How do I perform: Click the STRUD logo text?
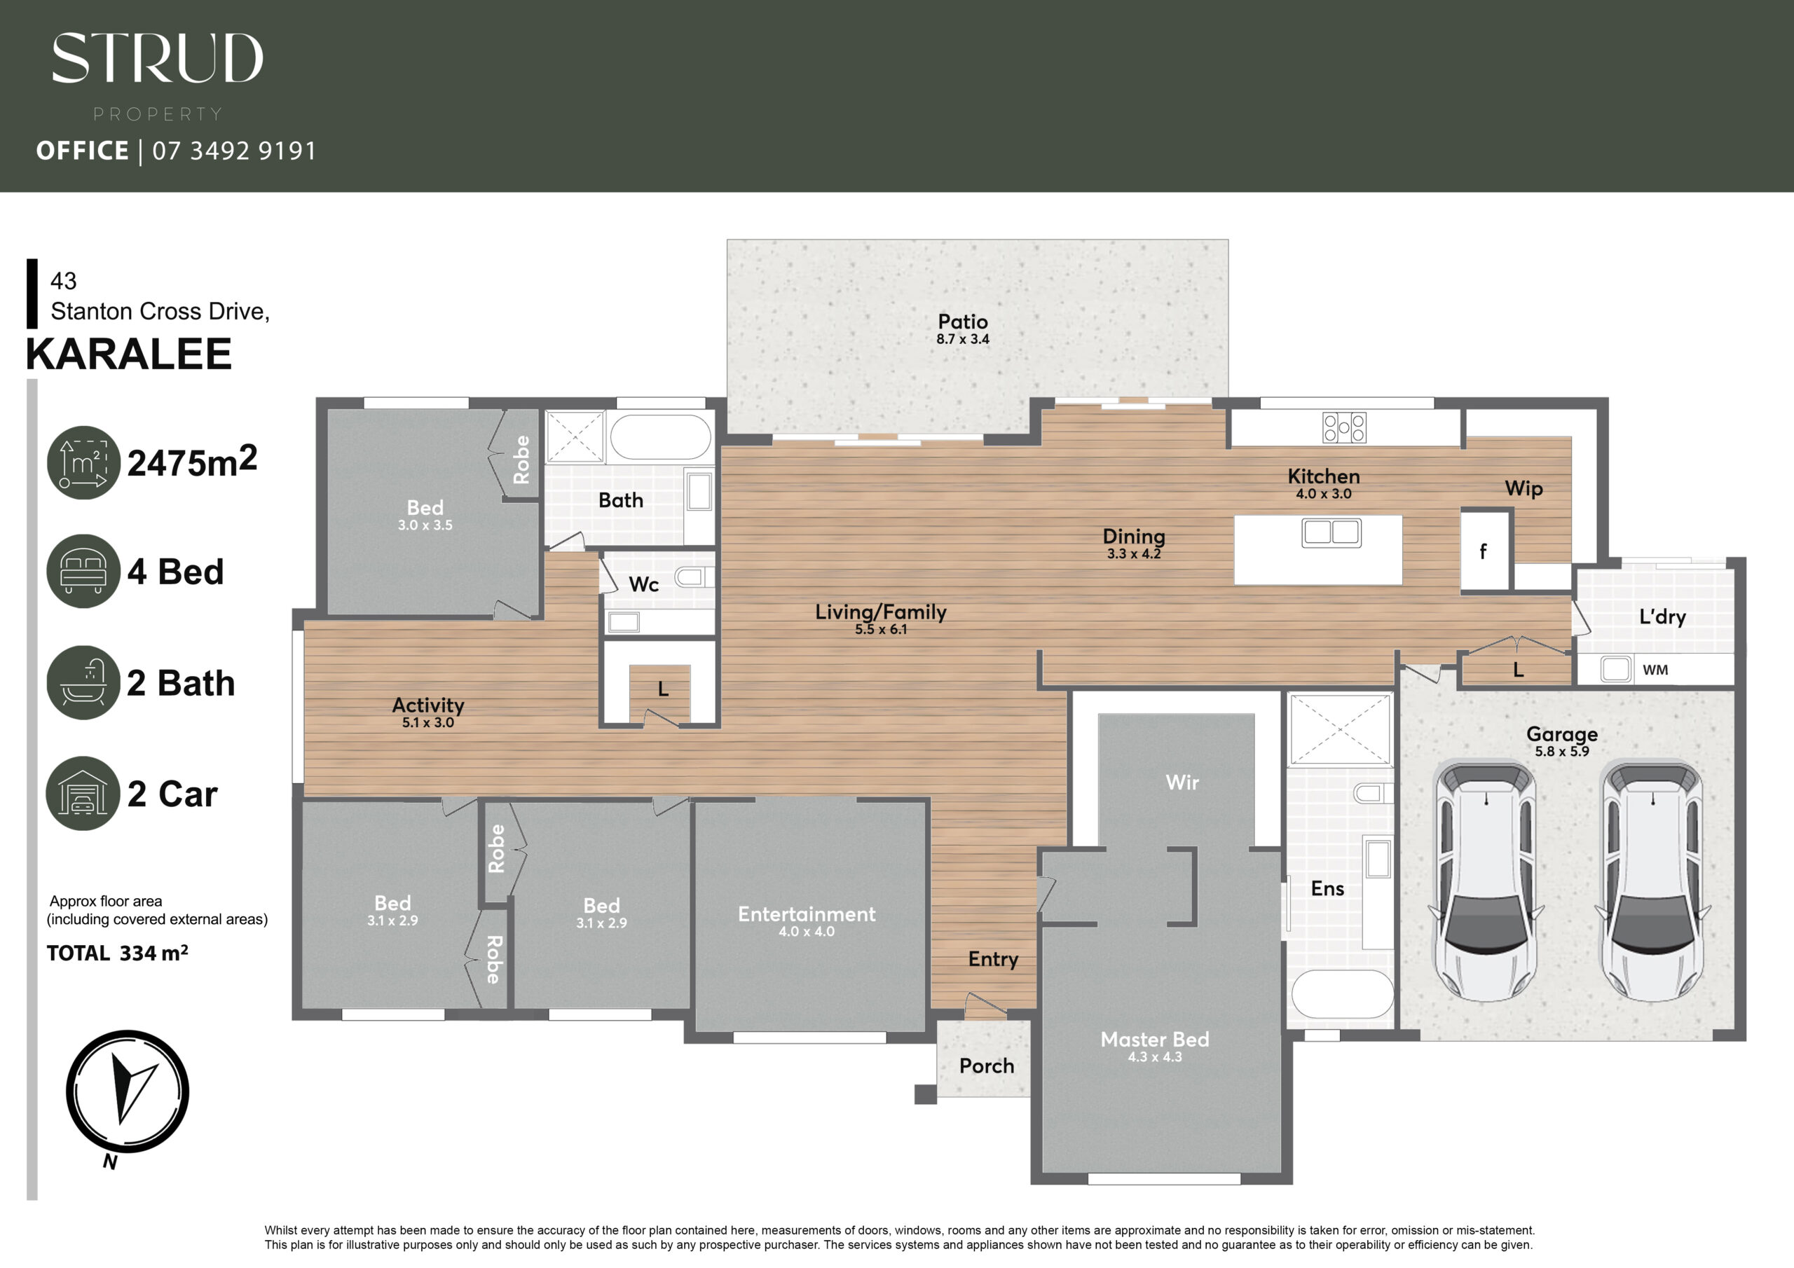(x=157, y=58)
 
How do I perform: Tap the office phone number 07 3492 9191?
(x=234, y=151)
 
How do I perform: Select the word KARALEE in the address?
(x=129, y=354)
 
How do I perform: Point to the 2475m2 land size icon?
(x=83, y=462)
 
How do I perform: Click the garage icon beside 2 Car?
(x=83, y=793)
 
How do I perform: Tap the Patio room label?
(x=963, y=322)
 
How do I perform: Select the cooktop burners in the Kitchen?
(x=1344, y=427)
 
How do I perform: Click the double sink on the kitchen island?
(x=1331, y=533)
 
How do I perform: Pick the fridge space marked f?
(x=1484, y=551)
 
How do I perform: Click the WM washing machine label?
(x=1655, y=670)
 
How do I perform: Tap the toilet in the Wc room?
(x=693, y=577)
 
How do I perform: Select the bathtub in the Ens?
(x=1341, y=994)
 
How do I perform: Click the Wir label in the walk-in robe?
(x=1182, y=782)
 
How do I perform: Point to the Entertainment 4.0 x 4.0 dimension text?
(x=807, y=931)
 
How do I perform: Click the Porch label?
(x=987, y=1066)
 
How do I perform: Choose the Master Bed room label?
(x=1155, y=1039)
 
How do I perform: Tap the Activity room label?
(x=428, y=705)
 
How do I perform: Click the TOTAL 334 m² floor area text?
(x=117, y=953)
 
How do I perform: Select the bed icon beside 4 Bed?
(x=83, y=571)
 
